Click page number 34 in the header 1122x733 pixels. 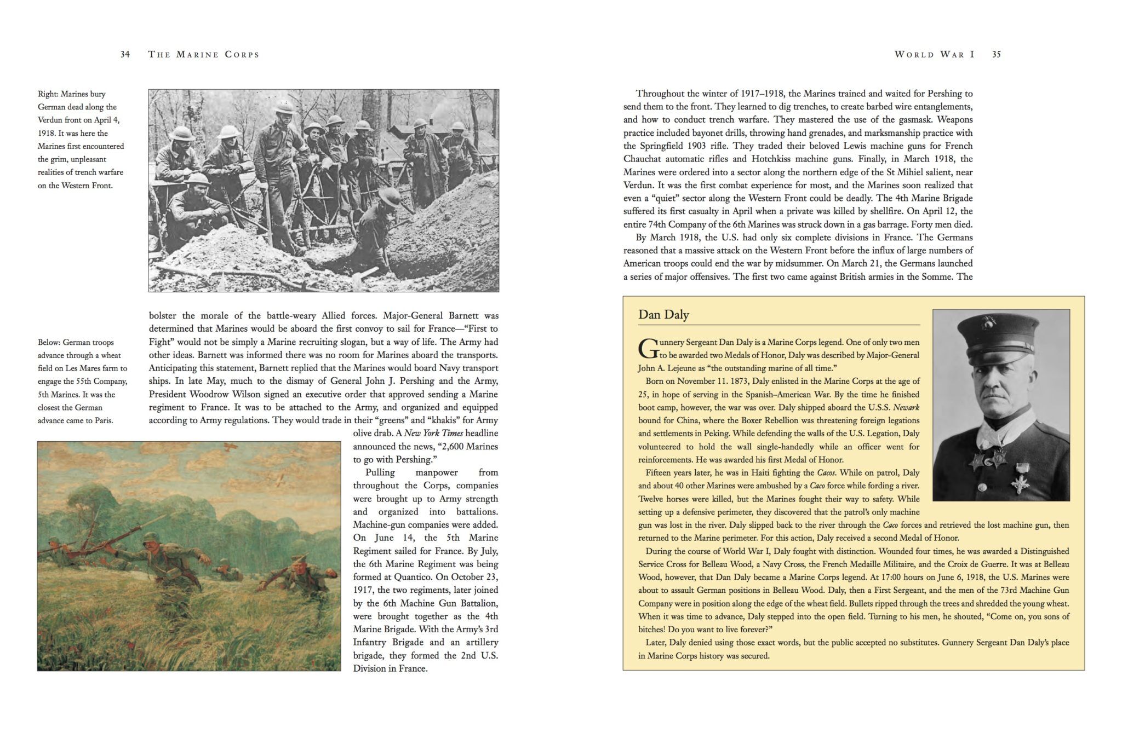pyautogui.click(x=125, y=54)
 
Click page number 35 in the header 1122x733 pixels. pyautogui.click(x=996, y=54)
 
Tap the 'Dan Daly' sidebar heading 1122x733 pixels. pyautogui.click(x=663, y=315)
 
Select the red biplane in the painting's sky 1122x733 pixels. pyautogui.click(x=228, y=449)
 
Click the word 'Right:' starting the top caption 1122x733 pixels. pyautogui.click(x=48, y=94)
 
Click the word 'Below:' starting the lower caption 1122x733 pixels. pyautogui.click(x=49, y=342)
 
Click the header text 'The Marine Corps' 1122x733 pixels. pyautogui.click(x=203, y=54)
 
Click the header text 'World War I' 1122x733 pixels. pyautogui.click(x=934, y=54)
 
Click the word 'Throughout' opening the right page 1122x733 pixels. pyautogui.click(x=660, y=94)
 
